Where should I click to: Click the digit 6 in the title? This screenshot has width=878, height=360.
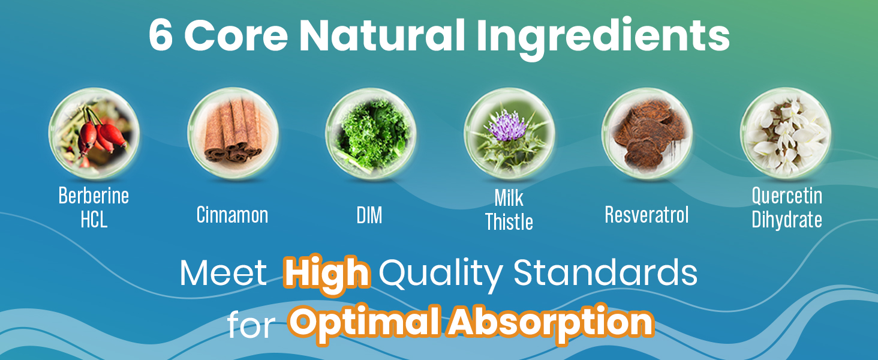(161, 35)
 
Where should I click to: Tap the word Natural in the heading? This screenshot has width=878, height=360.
(382, 35)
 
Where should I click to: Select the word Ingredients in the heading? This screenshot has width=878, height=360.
(603, 38)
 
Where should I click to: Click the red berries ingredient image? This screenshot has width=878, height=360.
(94, 133)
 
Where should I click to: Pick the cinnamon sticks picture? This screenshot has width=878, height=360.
(233, 133)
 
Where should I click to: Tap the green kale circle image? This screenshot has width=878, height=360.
(371, 133)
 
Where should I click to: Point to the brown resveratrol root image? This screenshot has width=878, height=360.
(647, 133)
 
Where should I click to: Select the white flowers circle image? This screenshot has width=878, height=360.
(786, 133)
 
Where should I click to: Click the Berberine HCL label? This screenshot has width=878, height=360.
(94, 208)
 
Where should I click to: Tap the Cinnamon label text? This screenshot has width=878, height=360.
(233, 215)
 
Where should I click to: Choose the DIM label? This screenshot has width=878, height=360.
(369, 215)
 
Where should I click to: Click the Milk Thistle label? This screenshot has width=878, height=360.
(509, 210)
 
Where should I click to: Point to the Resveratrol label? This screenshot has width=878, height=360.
(647, 215)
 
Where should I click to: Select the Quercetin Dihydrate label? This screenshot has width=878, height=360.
(787, 208)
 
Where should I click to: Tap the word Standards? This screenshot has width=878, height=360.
(606, 272)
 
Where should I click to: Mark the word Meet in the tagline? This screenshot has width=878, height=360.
(223, 273)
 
